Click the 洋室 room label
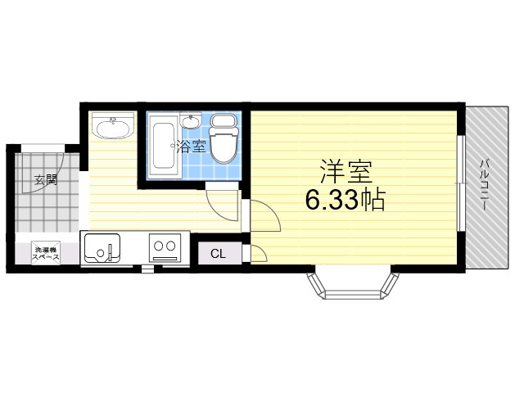[346, 171]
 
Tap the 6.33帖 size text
[346, 200]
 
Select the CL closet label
[219, 254]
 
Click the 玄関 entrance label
[46, 179]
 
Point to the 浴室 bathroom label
[191, 146]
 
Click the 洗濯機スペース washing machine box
[46, 253]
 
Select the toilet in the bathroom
[224, 138]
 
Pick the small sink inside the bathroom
[191, 121]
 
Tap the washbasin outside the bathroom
[113, 125]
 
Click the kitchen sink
[102, 248]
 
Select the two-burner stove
[165, 247]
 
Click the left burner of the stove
[158, 246]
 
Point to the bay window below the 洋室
[353, 286]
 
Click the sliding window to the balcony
[461, 183]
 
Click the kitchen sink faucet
[110, 251]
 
